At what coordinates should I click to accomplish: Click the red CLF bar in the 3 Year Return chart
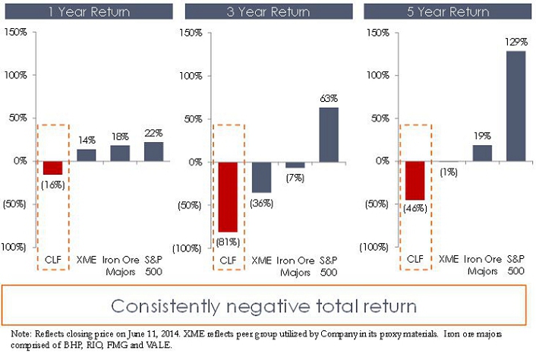(229, 196)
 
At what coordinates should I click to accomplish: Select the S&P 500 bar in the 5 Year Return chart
(516, 106)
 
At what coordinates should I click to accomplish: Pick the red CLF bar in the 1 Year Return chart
(53, 168)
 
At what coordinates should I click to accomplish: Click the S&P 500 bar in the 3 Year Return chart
(329, 134)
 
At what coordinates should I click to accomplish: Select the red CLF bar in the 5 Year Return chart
(414, 180)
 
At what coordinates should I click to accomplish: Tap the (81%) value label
(229, 242)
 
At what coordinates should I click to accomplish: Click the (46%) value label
(414, 207)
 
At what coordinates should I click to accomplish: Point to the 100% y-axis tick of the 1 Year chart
(17, 76)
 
